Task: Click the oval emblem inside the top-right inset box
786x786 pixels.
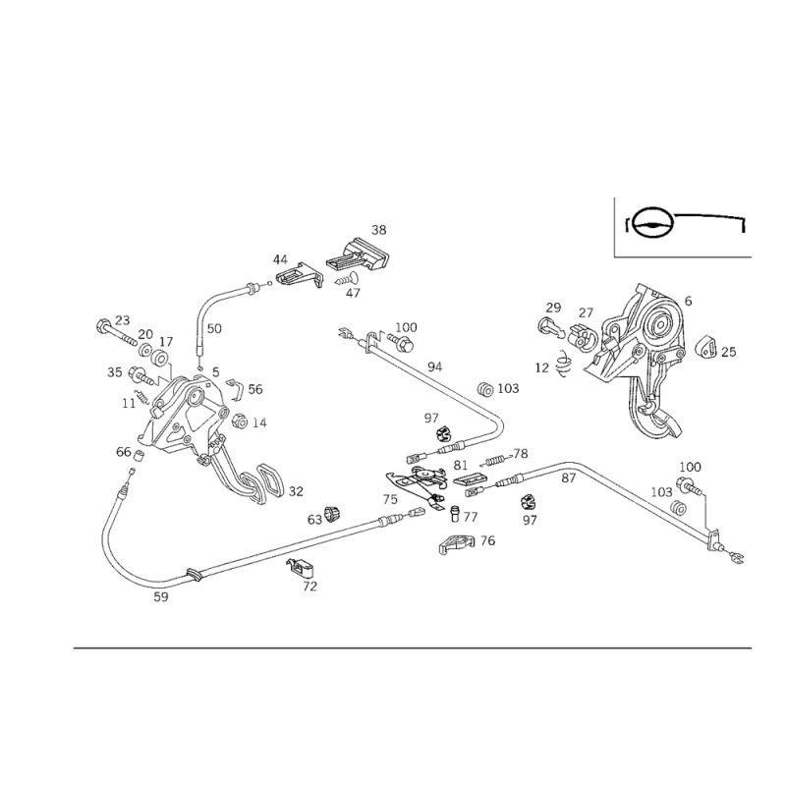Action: tap(650, 222)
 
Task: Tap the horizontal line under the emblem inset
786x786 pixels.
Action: tap(685, 257)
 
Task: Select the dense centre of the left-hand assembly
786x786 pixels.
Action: tap(177, 403)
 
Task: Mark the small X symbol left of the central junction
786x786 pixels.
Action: tap(386, 498)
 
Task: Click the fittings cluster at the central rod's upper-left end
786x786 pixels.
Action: tap(378, 340)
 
